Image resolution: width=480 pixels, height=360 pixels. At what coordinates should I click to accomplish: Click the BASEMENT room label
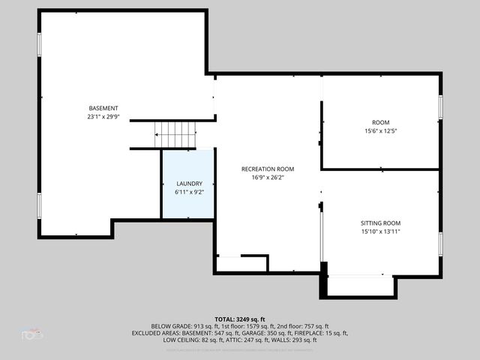(x=103, y=108)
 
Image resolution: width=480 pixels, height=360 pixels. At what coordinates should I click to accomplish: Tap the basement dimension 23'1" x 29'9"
(x=103, y=117)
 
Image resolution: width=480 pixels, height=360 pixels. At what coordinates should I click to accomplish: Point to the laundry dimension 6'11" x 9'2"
(x=189, y=192)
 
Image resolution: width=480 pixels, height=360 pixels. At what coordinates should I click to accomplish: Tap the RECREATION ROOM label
(x=267, y=169)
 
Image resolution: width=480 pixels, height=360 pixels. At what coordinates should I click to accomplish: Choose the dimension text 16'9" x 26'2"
(x=267, y=178)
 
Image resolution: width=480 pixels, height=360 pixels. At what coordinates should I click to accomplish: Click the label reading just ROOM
(x=381, y=122)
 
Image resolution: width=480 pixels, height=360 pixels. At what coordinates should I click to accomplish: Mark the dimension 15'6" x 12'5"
(x=381, y=131)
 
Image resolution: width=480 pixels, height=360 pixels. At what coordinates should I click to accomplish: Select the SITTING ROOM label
(x=381, y=223)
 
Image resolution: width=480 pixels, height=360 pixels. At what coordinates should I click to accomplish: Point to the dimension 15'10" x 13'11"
(x=381, y=232)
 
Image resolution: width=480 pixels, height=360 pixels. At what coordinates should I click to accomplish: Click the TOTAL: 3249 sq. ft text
(x=240, y=319)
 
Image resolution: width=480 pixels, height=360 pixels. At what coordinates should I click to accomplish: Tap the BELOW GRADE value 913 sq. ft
(x=195, y=326)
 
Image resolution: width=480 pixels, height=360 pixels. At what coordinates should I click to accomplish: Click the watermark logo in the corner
(x=32, y=333)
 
